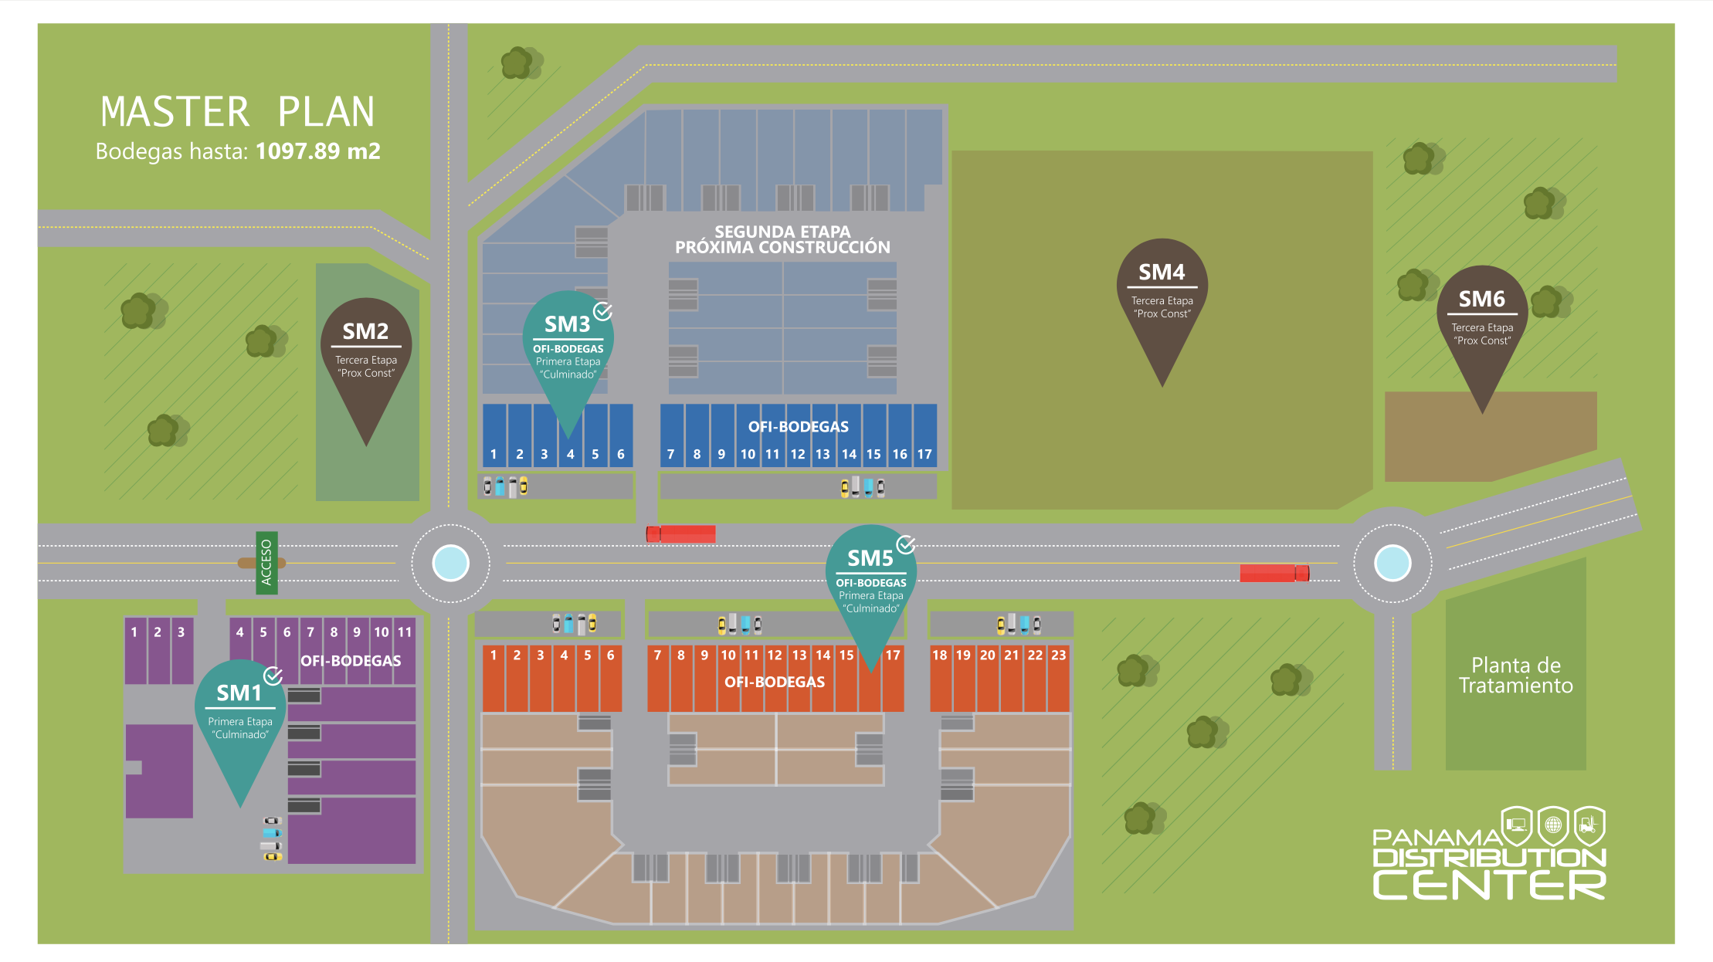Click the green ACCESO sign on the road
click(266, 562)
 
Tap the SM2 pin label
click(366, 332)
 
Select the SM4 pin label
click(1162, 273)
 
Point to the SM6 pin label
click(1481, 300)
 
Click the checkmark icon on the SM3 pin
click(603, 311)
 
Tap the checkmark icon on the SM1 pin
click(273, 676)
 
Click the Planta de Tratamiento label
click(1515, 676)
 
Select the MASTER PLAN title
click(237, 112)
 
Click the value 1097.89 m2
click(317, 151)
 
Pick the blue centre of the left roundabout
click(451, 562)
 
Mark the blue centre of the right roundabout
click(1392, 563)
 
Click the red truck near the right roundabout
click(1274, 573)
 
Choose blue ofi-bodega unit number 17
click(924, 436)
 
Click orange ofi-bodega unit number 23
click(1059, 677)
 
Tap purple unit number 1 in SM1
click(134, 649)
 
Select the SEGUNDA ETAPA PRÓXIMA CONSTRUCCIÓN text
click(782, 239)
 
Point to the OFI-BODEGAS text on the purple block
click(351, 661)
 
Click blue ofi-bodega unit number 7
click(671, 436)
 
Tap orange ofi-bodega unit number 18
click(940, 677)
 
